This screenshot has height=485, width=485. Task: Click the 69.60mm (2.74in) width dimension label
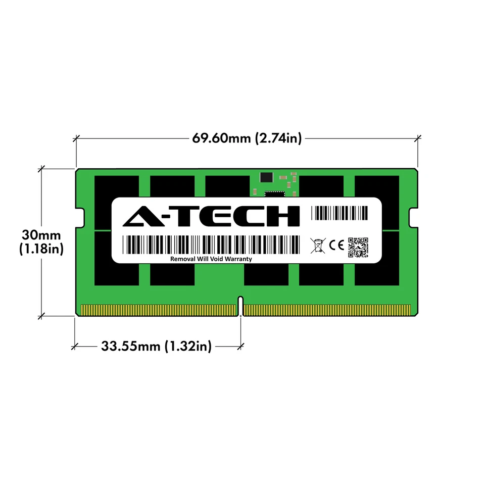tap(247, 138)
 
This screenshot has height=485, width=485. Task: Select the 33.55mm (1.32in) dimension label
tap(156, 346)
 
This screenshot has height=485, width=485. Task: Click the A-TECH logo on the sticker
tap(212, 216)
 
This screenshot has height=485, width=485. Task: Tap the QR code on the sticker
tap(358, 246)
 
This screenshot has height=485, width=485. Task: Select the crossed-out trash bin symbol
tap(317, 246)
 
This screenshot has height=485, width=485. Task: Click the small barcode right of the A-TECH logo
tap(339, 213)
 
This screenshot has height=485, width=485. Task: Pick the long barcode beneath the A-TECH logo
tap(211, 245)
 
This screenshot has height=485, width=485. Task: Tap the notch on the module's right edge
tap(413, 218)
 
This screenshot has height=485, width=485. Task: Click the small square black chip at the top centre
tap(265, 177)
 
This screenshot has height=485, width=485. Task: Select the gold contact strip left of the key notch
tap(159, 310)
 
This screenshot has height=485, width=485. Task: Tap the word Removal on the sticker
tap(183, 259)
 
